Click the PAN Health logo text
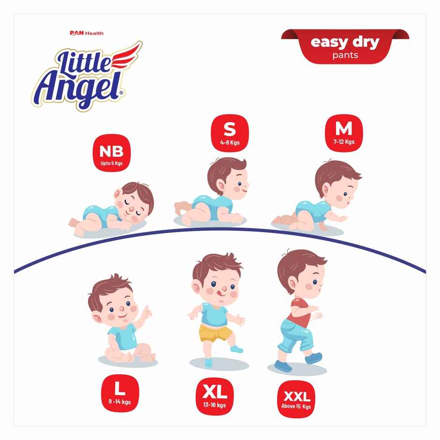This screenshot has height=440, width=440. pyautogui.click(x=87, y=33)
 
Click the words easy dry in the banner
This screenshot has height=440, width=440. pyautogui.click(x=345, y=43)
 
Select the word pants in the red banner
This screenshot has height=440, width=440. pyautogui.click(x=345, y=55)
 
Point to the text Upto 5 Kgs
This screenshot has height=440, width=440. pyautogui.click(x=111, y=164)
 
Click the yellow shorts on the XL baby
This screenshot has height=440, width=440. pyautogui.click(x=216, y=333)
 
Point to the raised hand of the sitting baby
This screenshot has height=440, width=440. pyautogui.click(x=146, y=313)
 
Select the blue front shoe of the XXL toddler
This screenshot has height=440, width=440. pyautogui.click(x=314, y=358)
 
